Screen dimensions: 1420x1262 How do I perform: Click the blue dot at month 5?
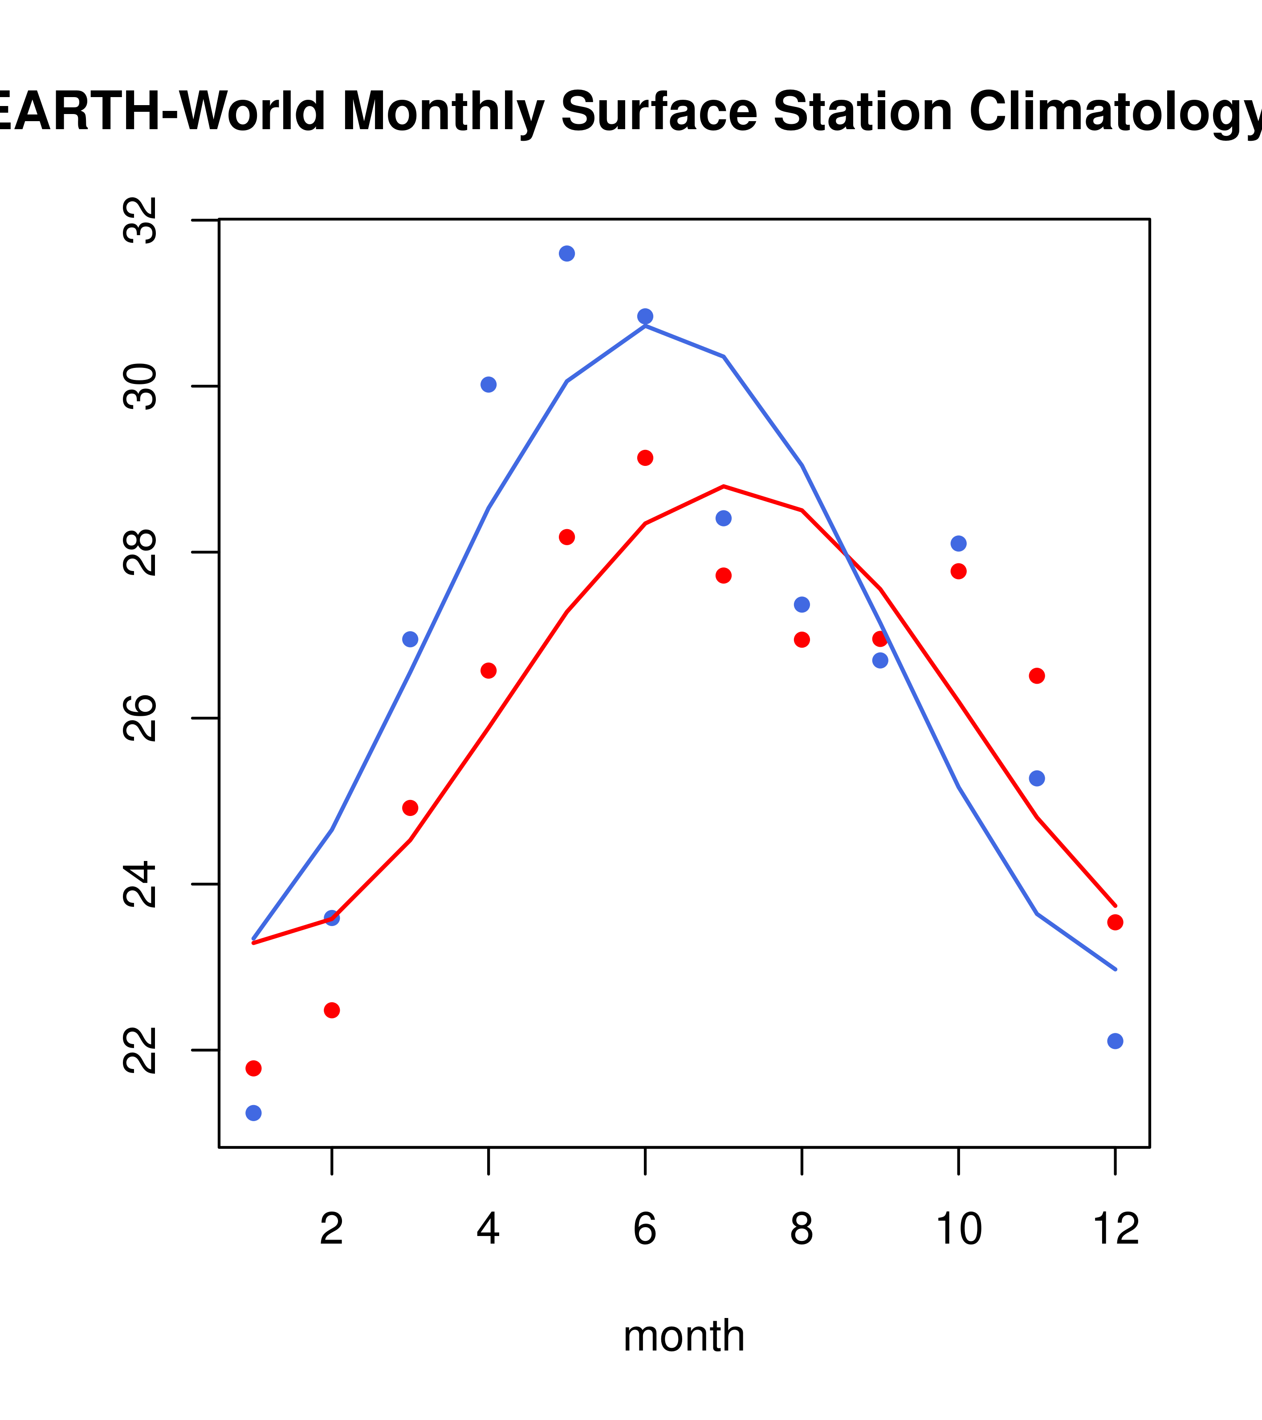pos(567,253)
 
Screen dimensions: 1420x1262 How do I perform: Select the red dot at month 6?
pos(645,458)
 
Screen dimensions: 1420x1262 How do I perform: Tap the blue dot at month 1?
pos(253,1113)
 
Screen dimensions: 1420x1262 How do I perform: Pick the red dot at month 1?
pos(253,1068)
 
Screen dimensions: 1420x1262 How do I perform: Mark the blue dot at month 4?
pos(488,385)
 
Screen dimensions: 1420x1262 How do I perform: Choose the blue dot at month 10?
pos(958,543)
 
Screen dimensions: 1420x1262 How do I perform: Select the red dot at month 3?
pos(411,808)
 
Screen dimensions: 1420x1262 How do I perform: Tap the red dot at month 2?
pos(332,1010)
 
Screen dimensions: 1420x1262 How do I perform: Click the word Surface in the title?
pos(659,112)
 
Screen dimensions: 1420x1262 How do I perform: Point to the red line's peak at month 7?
pos(724,486)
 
